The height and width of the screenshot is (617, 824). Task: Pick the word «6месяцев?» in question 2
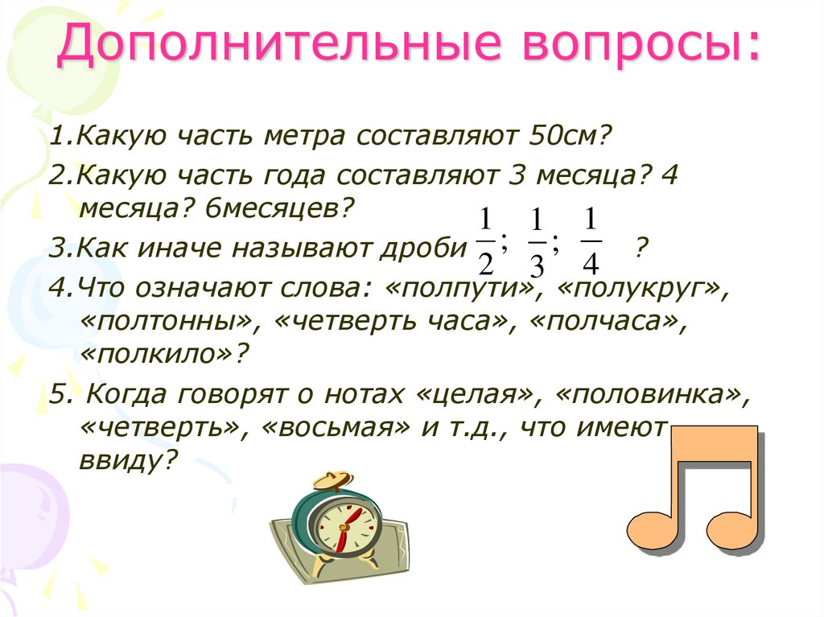coord(279,211)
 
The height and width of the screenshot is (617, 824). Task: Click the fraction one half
coord(484,241)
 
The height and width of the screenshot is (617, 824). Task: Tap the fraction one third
coord(538,242)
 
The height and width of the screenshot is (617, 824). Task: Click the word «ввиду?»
coord(128,461)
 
